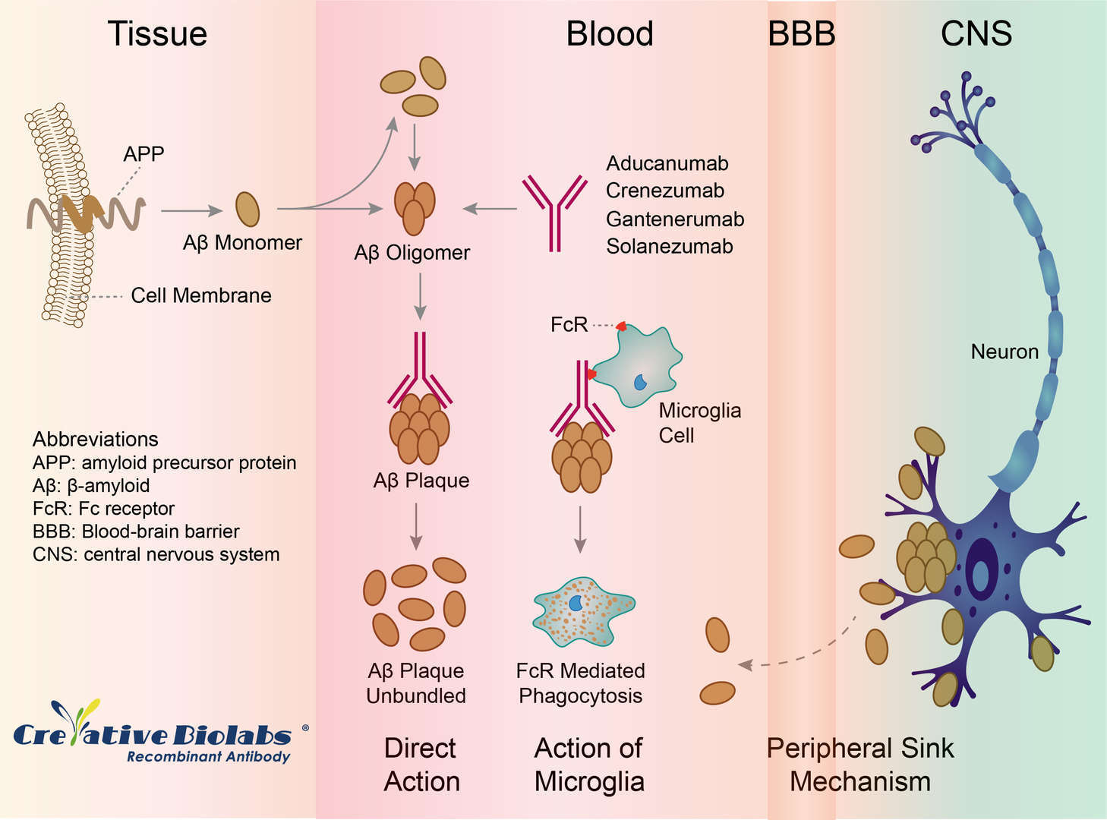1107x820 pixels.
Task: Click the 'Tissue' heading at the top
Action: coord(157,34)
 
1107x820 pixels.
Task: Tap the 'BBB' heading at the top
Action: coord(801,34)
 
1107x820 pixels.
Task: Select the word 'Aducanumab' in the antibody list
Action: coord(667,163)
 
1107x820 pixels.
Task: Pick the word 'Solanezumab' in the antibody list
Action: coord(669,246)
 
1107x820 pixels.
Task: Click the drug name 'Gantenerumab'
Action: coord(674,219)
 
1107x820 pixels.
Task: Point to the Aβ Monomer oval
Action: coord(248,209)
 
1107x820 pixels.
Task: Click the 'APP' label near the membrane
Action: coord(143,154)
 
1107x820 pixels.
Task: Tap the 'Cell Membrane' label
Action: coord(200,295)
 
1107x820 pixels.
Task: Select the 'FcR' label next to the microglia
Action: coord(569,325)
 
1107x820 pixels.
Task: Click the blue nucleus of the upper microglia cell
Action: coord(640,381)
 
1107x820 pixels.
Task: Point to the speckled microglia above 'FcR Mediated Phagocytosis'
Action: coord(582,611)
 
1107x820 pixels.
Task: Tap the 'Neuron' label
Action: coord(1004,352)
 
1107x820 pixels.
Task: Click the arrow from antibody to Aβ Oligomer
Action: coord(490,208)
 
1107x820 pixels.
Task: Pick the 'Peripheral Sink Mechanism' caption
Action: coord(859,765)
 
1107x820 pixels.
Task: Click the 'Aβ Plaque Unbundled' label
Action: coord(416,683)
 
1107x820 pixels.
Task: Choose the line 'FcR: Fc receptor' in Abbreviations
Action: coord(103,509)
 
